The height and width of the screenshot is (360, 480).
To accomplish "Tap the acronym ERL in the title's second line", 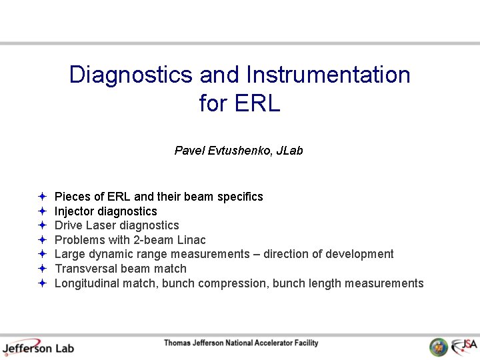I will (x=257, y=104).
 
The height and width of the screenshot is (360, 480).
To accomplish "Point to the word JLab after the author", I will (x=289, y=151).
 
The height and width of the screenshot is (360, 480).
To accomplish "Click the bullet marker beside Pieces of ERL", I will (x=42, y=197).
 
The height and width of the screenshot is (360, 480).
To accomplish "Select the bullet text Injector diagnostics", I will (x=105, y=211).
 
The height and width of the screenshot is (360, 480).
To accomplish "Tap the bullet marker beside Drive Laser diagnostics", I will (x=42, y=225).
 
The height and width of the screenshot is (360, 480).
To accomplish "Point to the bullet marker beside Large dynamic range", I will (x=42, y=254).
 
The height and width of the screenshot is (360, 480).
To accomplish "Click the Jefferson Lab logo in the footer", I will (x=38, y=347).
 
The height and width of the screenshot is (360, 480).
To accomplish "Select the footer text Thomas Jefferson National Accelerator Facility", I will (x=241, y=343).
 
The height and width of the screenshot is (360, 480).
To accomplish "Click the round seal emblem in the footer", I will (x=438, y=347).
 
